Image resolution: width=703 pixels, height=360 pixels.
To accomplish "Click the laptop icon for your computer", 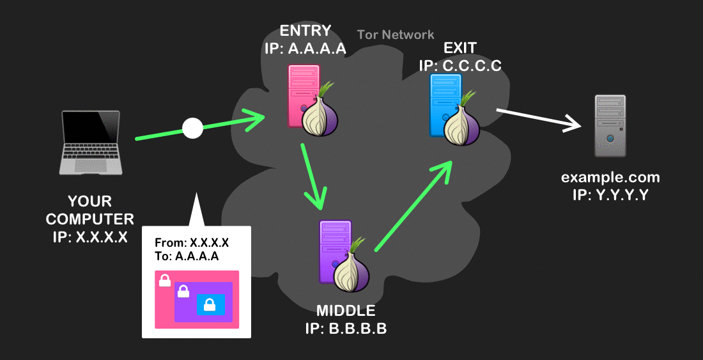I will pyautogui.click(x=90, y=142).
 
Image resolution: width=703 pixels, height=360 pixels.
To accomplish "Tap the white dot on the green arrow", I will pyautogui.click(x=192, y=128).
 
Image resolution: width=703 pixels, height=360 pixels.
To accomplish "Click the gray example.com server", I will pyautogui.click(x=610, y=126).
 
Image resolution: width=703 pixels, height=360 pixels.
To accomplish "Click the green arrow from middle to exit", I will pyautogui.click(x=413, y=205).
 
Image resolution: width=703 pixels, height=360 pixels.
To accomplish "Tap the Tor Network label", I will pyautogui.click(x=396, y=35).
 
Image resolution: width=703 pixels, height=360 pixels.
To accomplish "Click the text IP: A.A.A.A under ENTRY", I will pyautogui.click(x=305, y=49).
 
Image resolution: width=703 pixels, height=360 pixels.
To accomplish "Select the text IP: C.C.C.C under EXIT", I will pyautogui.click(x=460, y=66).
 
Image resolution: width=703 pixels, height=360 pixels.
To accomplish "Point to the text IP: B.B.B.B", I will pyautogui.click(x=346, y=330).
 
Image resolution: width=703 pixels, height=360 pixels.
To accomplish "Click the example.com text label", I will pyautogui.click(x=610, y=178).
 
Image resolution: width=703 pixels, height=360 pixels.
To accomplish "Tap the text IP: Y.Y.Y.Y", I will pyautogui.click(x=610, y=195).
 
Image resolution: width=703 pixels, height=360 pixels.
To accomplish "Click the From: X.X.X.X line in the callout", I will pyautogui.click(x=192, y=243).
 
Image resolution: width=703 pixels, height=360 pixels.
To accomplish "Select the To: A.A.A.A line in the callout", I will pyautogui.click(x=187, y=256).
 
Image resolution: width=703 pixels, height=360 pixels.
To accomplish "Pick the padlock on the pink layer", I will pyautogui.click(x=164, y=280).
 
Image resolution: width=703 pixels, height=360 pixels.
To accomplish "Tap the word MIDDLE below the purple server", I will pyautogui.click(x=346, y=311).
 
